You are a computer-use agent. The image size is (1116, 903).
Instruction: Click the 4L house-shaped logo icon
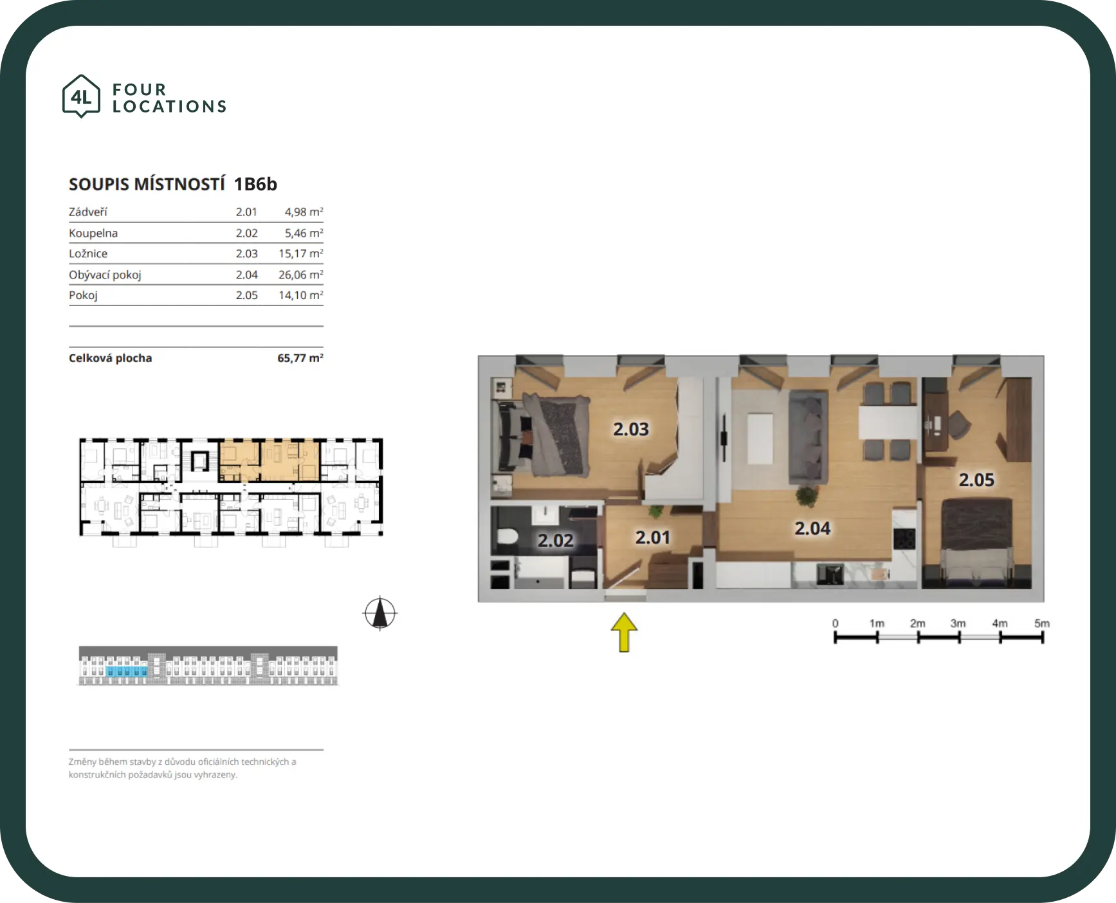[x=81, y=96]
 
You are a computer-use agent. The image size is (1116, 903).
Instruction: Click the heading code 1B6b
[x=255, y=185]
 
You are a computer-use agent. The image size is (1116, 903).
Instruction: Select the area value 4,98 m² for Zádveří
[x=304, y=212]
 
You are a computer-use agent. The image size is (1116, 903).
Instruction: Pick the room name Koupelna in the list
[x=93, y=233]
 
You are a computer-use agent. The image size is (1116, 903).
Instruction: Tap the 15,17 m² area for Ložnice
[x=300, y=253]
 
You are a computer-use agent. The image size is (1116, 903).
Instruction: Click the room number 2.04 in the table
[x=246, y=275]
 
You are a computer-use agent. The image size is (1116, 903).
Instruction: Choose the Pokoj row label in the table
[x=83, y=295]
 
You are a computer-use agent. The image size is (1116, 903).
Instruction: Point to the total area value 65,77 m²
[x=300, y=358]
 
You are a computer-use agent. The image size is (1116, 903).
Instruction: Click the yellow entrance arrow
[x=624, y=632]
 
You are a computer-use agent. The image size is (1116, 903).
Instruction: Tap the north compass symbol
[x=380, y=613]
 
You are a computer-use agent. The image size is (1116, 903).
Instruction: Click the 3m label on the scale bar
[x=958, y=623]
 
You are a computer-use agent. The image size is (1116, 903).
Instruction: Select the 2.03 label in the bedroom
[x=631, y=429]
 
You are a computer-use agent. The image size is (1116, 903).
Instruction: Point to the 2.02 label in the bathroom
[x=555, y=540]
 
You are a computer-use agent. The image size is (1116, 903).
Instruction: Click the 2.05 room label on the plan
[x=976, y=480]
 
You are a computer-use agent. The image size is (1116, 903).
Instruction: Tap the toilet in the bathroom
[x=506, y=537]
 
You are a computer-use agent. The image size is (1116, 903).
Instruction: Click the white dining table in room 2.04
[x=888, y=422]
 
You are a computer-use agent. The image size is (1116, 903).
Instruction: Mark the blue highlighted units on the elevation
[x=127, y=671]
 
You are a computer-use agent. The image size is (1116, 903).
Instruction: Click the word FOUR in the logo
[x=140, y=89]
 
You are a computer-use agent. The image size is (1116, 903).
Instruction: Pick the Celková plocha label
[x=111, y=358]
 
